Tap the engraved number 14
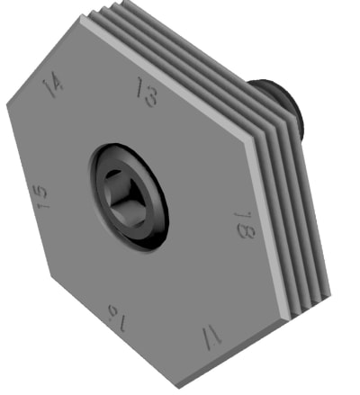53,85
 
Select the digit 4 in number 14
58,82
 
